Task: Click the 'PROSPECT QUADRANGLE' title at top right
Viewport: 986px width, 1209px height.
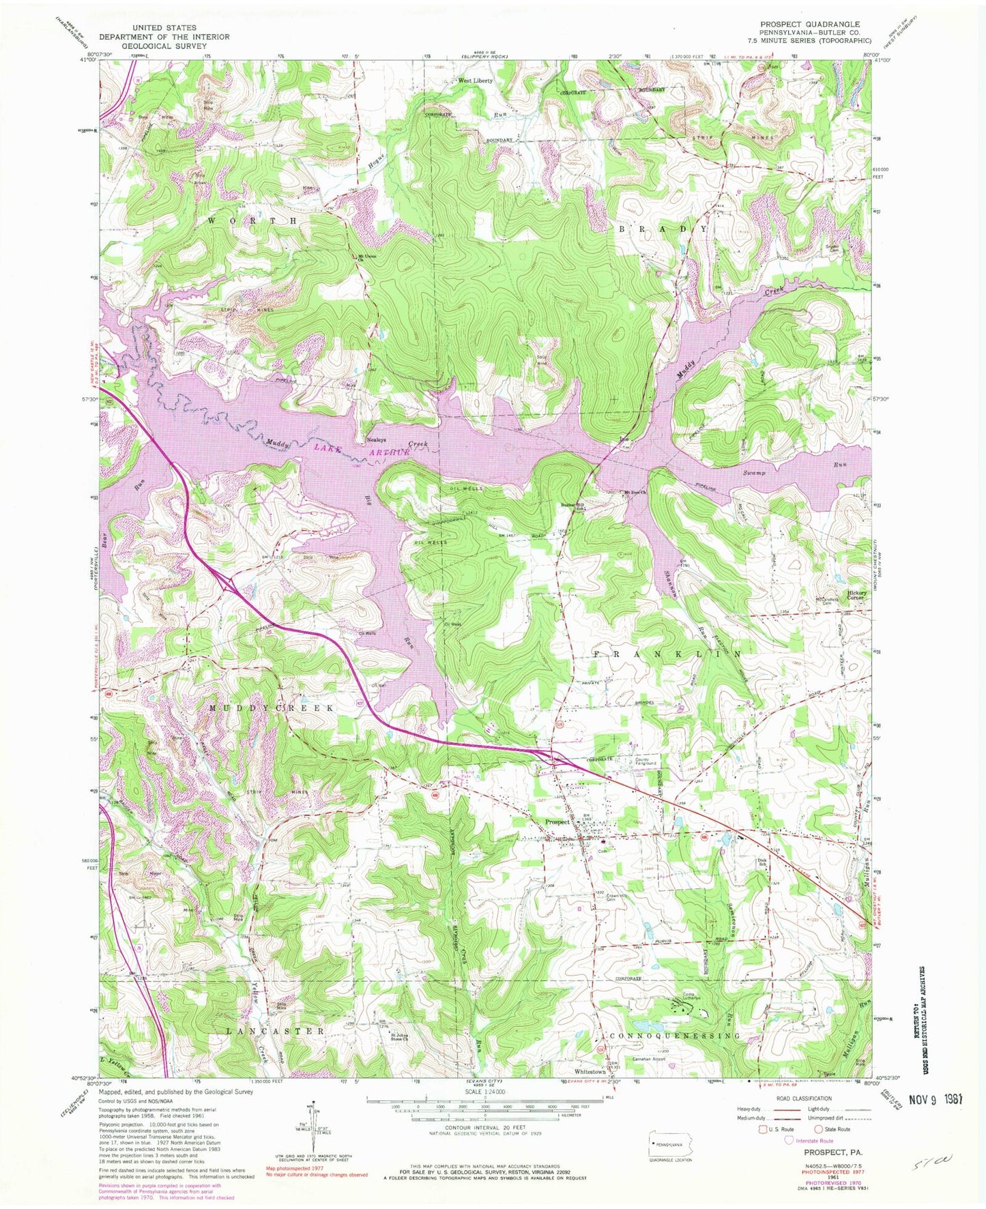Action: [x=810, y=23]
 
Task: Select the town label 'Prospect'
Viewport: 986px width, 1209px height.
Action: [x=557, y=821]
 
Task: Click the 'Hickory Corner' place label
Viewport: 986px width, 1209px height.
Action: [x=857, y=596]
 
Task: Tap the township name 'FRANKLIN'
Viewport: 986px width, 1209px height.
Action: [x=667, y=654]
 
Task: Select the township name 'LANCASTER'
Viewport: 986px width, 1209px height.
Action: [x=276, y=1031]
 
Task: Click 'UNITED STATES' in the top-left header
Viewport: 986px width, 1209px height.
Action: [x=164, y=28]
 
